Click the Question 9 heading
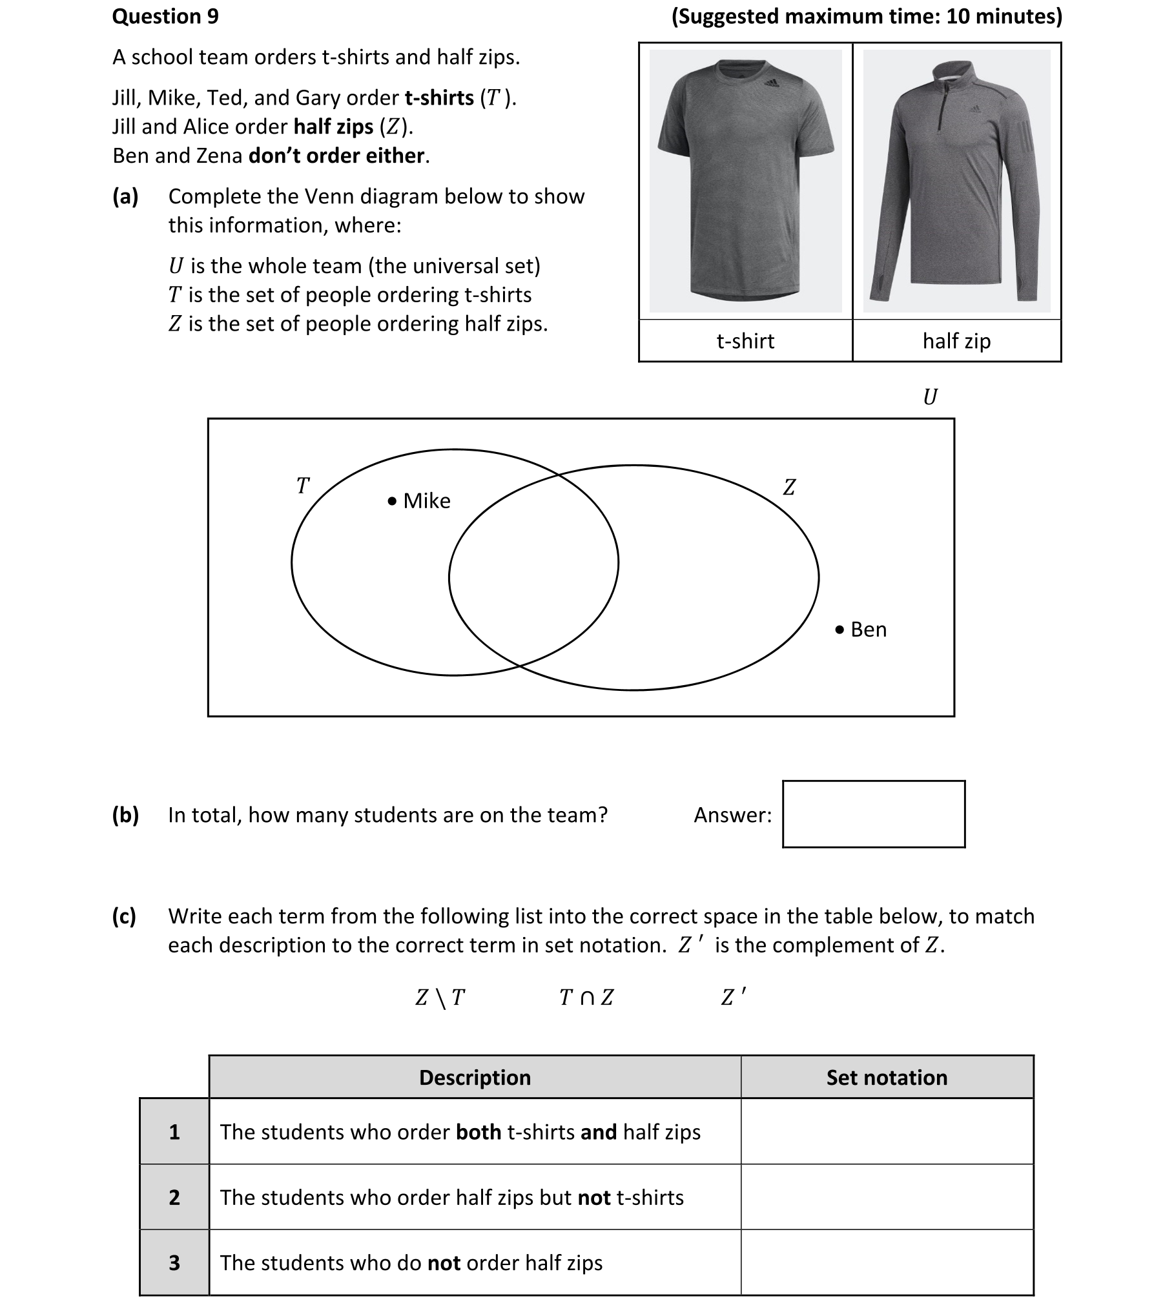[x=165, y=16]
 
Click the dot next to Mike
[x=392, y=501]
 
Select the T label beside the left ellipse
[x=302, y=486]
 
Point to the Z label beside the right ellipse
[x=789, y=487]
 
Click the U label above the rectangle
[x=930, y=396]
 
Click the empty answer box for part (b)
[x=873, y=814]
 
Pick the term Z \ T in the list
[x=439, y=998]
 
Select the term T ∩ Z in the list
[x=586, y=998]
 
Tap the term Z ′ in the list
[x=733, y=998]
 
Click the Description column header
[x=475, y=1078]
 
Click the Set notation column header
[x=887, y=1078]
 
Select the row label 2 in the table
[x=174, y=1198]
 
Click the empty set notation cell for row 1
[x=887, y=1132]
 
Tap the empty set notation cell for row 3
[x=887, y=1263]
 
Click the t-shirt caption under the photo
[x=745, y=341]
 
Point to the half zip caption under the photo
[x=956, y=341]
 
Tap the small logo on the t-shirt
[x=772, y=83]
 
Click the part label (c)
[x=124, y=916]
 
